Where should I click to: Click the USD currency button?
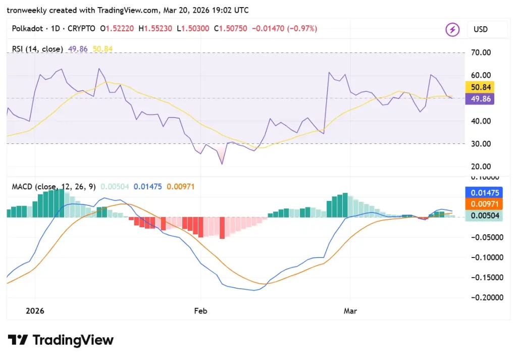pyautogui.click(x=481, y=29)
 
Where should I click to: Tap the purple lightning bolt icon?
pyautogui.click(x=452, y=29)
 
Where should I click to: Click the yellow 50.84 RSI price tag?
pyautogui.click(x=479, y=87)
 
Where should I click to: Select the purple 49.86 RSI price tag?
pyautogui.click(x=479, y=98)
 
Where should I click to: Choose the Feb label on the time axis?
pyautogui.click(x=201, y=311)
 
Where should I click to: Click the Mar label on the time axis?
pyautogui.click(x=350, y=311)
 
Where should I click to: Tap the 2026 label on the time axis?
pyautogui.click(x=34, y=311)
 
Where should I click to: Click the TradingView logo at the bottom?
pyautogui.click(x=61, y=340)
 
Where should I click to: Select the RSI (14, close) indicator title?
pyautogui.click(x=38, y=49)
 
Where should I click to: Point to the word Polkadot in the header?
pyautogui.click(x=27, y=29)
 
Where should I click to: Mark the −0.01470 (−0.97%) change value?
pyautogui.click(x=285, y=29)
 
